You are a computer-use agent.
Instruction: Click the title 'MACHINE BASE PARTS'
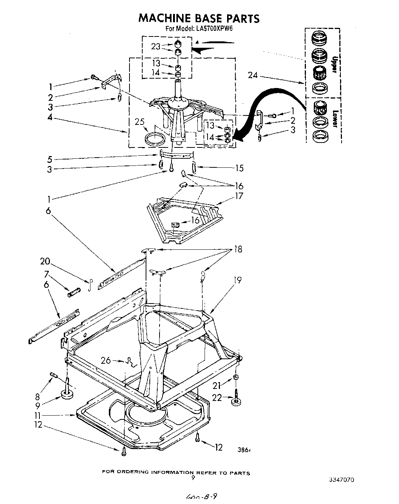(199, 18)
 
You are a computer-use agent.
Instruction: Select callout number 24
(253, 75)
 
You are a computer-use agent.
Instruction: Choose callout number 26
(106, 360)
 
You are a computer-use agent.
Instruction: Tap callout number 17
(239, 196)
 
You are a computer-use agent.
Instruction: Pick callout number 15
(239, 168)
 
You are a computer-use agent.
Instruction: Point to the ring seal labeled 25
(155, 137)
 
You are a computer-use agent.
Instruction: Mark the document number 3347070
(342, 480)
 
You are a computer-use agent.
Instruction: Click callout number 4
(50, 118)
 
